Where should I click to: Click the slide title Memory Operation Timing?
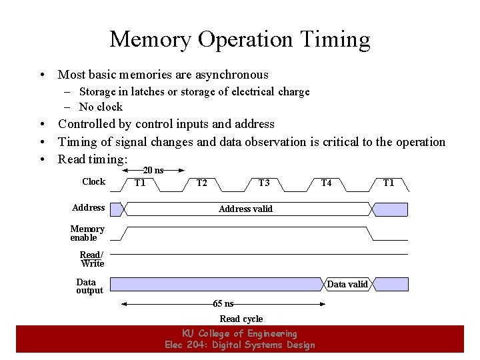point(239,39)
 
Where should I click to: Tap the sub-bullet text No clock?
point(101,107)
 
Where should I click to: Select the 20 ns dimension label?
point(154,170)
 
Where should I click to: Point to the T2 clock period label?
point(201,183)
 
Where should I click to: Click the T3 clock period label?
point(264,183)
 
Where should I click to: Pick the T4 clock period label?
point(326,183)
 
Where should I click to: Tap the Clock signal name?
point(93,181)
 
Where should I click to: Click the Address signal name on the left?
point(88,207)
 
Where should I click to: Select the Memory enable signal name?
point(87,233)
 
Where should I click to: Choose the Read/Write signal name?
point(92,259)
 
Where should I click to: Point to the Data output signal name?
point(89,286)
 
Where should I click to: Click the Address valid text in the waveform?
point(245,209)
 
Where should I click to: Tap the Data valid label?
point(347,284)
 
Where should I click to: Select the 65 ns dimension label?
point(223,304)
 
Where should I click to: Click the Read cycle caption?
point(241,319)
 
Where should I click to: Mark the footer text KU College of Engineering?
point(239,333)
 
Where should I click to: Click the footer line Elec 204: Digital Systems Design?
point(239,344)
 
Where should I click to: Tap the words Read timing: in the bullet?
point(93,159)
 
